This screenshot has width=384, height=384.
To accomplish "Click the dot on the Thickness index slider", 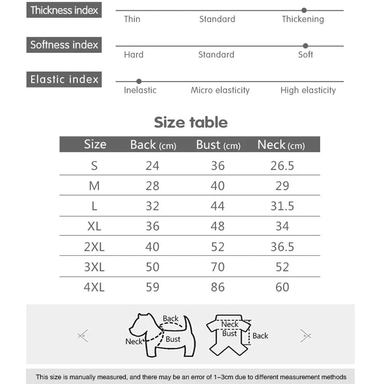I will point(304,10).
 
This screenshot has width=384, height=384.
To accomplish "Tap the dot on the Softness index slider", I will point(306,46).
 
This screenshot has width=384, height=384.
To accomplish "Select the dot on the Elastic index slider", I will point(139,81).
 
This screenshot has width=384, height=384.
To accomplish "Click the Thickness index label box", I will point(64,10).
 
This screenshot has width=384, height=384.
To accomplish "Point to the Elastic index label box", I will point(64,79).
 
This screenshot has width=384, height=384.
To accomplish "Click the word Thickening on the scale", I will point(303,19).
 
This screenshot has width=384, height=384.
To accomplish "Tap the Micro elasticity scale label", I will point(220,90).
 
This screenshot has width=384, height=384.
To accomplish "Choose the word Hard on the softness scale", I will point(133,54).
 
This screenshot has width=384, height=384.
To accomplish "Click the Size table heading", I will point(191,122).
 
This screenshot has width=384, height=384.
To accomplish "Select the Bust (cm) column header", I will point(218,145).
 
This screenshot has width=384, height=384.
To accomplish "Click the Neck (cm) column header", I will point(281,145).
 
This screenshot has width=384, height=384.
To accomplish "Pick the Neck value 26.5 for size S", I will point(282,166).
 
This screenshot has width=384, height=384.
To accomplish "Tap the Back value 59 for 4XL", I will point(153,287).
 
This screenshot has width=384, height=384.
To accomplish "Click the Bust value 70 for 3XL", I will point(218,267).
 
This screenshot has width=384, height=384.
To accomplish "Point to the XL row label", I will point(94,226).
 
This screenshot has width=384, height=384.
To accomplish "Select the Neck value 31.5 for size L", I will point(282,206).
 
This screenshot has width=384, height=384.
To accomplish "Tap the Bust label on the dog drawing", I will point(173,339).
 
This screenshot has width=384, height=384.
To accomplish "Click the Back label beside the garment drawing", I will point(260,336).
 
